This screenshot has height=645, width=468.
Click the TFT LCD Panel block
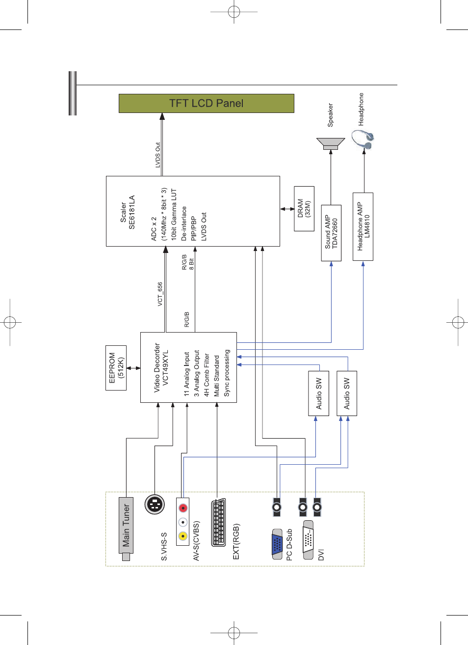pyautogui.click(x=207, y=103)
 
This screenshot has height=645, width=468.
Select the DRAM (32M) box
pyautogui.click(x=304, y=208)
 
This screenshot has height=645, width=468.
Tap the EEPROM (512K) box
pyautogui.click(x=116, y=368)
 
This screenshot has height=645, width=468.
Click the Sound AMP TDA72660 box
pyautogui.click(x=331, y=233)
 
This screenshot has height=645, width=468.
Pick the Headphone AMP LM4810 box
pyautogui.click(x=363, y=226)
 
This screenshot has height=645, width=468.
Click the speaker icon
pyautogui.click(x=331, y=143)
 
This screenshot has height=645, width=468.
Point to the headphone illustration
pyautogui.click(x=363, y=140)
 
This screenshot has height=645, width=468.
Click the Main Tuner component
pyautogui.click(x=126, y=529)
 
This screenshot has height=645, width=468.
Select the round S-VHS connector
pyautogui.click(x=155, y=504)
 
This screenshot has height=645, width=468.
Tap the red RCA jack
pyautogui.click(x=183, y=508)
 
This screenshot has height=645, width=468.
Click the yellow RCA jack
pyautogui.click(x=183, y=536)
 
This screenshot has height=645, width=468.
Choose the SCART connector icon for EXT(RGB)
pyautogui.click(x=218, y=522)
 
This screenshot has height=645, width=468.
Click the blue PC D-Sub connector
pyautogui.click(x=277, y=544)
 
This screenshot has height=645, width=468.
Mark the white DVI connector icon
pyautogui.click(x=308, y=540)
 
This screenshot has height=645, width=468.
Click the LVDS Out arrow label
pyautogui.click(x=157, y=155)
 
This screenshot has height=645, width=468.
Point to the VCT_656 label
pyautogui.click(x=160, y=294)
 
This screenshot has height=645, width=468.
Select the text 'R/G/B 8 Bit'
pyautogui.click(x=188, y=262)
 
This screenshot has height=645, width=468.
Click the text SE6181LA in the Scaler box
pyautogui.click(x=131, y=212)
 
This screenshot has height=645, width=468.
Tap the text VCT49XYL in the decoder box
pyautogui.click(x=165, y=367)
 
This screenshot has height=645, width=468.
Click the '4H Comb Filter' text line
pyautogui.click(x=207, y=375)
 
